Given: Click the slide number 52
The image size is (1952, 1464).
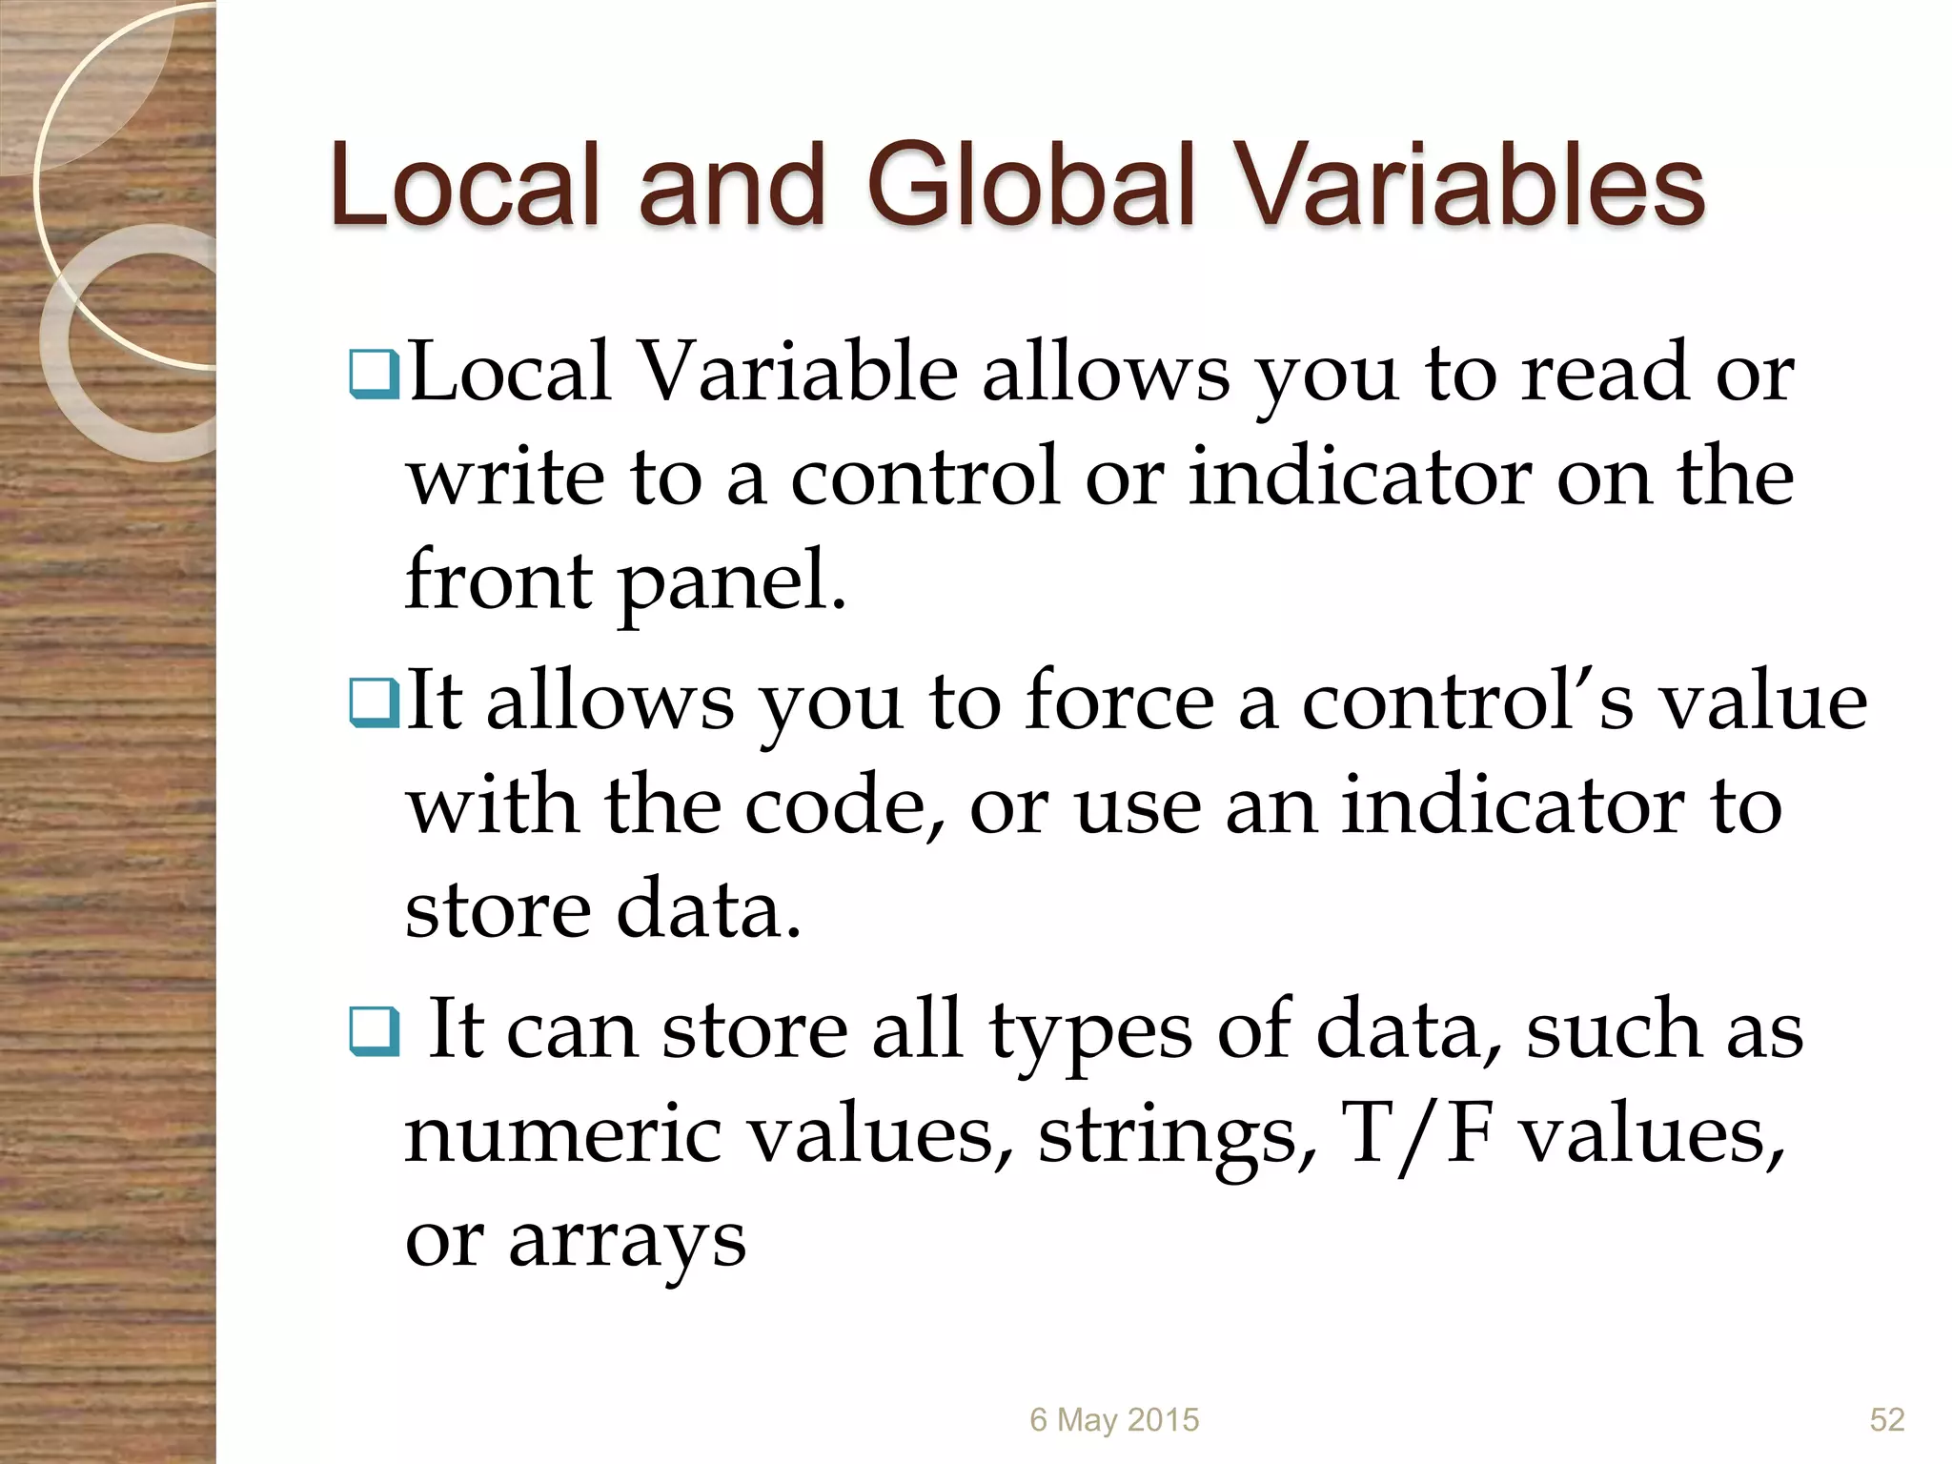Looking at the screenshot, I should [1886, 1419].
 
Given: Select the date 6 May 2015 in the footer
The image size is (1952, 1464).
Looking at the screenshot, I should [1114, 1419].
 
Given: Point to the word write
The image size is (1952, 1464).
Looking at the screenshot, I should [505, 477].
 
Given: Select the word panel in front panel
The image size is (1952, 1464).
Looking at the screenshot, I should [732, 581].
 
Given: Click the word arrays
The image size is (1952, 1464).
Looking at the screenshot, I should [626, 1241].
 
